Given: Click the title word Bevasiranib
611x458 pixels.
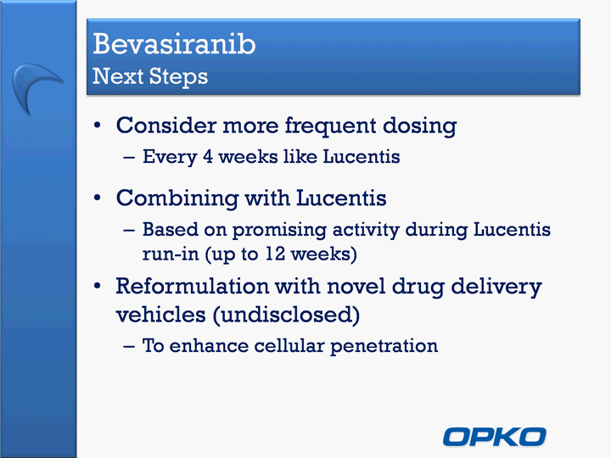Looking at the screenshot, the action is [174, 43].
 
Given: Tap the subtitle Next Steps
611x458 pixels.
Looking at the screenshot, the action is [150, 76].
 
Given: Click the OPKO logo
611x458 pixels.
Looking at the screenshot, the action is [494, 437].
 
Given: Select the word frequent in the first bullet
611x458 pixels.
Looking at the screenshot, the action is [330, 126].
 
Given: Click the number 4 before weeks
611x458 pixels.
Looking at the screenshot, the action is [208, 157].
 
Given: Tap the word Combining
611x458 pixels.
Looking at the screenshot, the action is [177, 198].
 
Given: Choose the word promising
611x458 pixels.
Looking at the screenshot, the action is [279, 230].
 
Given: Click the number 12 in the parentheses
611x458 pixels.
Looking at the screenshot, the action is [275, 254].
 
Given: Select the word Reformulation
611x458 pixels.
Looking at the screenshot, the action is [192, 286].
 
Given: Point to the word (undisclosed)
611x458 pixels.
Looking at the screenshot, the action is [287, 315].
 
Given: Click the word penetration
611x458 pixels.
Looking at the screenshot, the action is [384, 346].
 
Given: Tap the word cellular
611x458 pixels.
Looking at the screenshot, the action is [289, 345].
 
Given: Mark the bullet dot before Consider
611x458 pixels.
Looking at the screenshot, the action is [97, 126].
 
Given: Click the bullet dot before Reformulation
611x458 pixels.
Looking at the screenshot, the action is [97, 287].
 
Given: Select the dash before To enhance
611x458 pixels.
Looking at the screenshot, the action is [129, 346].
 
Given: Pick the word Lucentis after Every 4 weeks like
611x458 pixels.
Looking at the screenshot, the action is [362, 157].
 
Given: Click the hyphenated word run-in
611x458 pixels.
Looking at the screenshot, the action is [171, 254].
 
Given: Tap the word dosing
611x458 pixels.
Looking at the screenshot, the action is [419, 126].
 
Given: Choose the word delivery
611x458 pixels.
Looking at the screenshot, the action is [496, 287].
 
